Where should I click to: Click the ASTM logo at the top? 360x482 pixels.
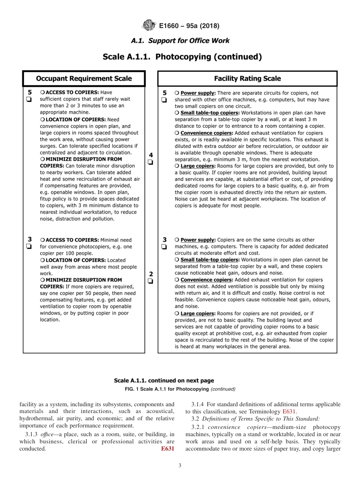click(x=149, y=26)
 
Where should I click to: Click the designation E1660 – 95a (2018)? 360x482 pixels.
click(x=189, y=26)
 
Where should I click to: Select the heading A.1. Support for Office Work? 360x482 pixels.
click(x=180, y=41)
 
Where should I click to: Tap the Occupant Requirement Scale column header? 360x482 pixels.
click(x=84, y=78)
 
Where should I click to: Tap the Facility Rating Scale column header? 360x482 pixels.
click(x=247, y=78)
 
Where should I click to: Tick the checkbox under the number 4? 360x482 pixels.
click(x=151, y=163)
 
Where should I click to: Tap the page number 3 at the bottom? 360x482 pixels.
click(x=180, y=466)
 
